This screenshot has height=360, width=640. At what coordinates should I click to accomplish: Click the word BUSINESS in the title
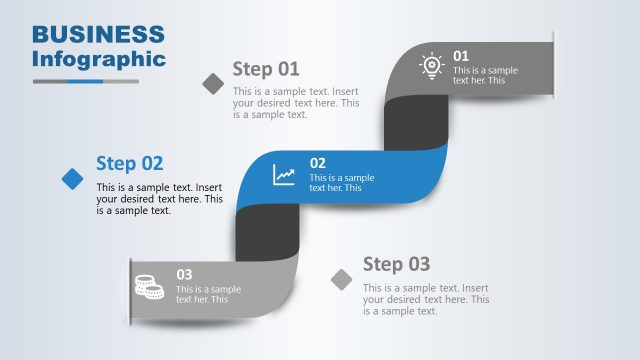(98, 34)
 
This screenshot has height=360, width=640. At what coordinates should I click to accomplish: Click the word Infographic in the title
(98, 58)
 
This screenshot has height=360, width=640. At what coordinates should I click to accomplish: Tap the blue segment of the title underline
(85, 81)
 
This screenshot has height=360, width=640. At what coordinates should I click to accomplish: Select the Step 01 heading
(266, 69)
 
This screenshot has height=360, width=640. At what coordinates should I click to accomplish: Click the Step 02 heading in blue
(129, 163)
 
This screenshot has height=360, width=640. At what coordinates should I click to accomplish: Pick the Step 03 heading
(396, 264)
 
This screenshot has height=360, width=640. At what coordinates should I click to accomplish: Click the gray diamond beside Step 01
(213, 83)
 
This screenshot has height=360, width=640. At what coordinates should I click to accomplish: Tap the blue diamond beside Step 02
(73, 178)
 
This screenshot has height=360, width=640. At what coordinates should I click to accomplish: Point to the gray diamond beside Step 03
(342, 279)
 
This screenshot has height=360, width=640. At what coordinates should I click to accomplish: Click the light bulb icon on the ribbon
(431, 65)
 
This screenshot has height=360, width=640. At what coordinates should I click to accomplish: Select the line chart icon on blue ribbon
(285, 175)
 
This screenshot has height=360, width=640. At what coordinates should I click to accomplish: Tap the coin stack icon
(149, 286)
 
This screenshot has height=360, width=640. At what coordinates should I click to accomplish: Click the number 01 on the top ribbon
(461, 56)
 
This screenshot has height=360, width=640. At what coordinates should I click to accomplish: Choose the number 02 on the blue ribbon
(317, 163)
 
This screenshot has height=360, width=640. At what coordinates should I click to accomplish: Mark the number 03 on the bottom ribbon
(185, 274)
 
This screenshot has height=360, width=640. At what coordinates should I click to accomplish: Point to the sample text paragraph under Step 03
(426, 299)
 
